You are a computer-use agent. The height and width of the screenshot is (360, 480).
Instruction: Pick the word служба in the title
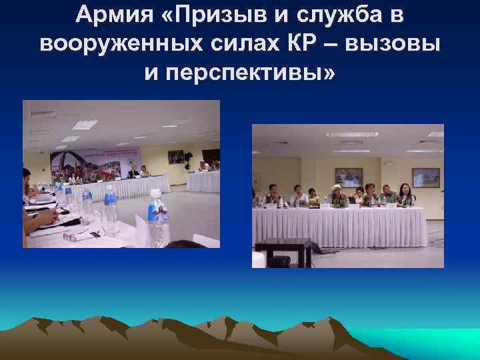coord(338,15)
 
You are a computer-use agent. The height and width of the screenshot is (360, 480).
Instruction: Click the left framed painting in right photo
coord(348,177)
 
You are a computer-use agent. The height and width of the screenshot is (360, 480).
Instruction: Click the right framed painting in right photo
coord(425,177)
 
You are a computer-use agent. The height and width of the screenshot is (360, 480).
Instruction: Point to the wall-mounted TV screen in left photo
coord(177,157)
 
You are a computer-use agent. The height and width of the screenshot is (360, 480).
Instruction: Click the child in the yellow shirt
coord(313,196)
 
